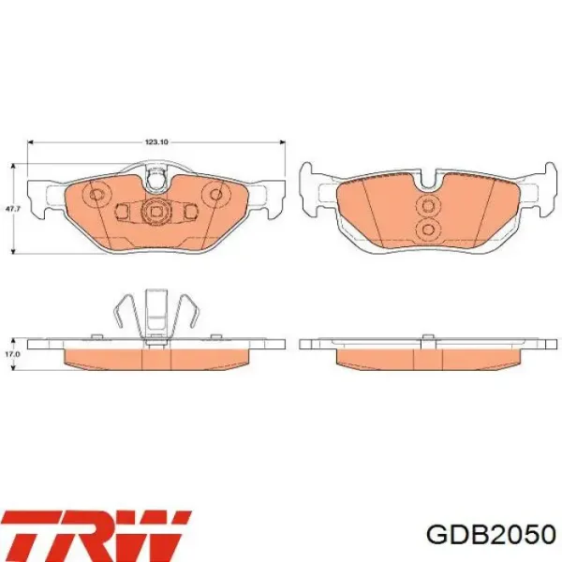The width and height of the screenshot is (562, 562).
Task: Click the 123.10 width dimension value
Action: coord(156,142)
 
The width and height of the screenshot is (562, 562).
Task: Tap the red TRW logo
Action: coord(96,536)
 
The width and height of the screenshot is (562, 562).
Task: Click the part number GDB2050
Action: coord(491,535)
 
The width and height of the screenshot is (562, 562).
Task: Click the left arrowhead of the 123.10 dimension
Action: coord(30,142)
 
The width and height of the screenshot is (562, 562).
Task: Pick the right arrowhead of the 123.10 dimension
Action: coord(283,142)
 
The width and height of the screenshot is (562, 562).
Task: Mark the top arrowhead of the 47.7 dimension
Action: coord(13,166)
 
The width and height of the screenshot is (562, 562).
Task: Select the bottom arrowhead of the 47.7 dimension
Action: coord(13,251)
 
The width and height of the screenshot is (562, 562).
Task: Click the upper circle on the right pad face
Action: coord(427,206)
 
